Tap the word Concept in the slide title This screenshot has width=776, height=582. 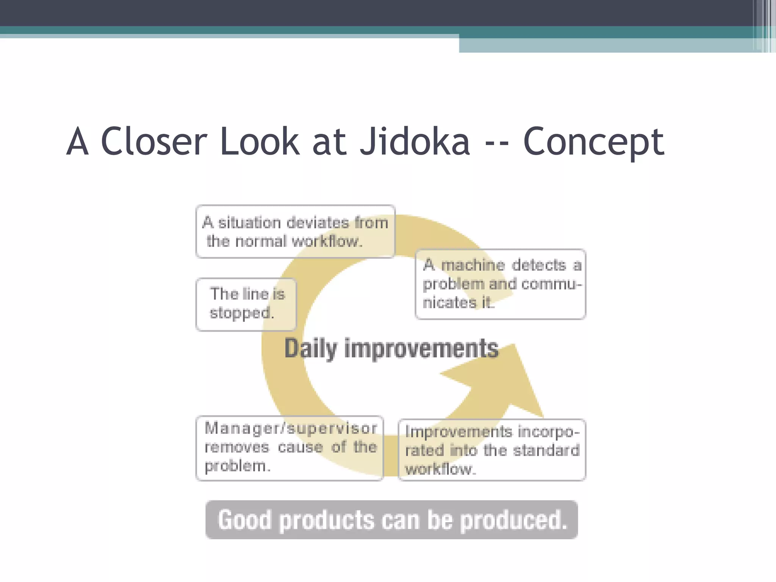[x=593, y=142]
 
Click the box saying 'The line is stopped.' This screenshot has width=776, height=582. [x=246, y=304]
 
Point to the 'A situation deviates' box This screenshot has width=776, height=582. [x=295, y=232]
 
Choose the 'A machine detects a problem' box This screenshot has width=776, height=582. [x=501, y=284]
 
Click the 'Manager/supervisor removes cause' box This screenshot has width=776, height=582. [x=290, y=448]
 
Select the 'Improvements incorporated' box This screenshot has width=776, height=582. [x=492, y=450]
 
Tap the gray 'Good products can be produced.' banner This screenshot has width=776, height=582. [x=391, y=519]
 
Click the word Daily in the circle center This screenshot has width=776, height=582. [x=310, y=349]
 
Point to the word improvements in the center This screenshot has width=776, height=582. [x=421, y=349]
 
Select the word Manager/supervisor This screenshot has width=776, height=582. [x=291, y=428]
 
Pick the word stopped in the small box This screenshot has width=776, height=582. [x=241, y=313]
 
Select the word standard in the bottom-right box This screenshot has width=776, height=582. [x=546, y=450]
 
